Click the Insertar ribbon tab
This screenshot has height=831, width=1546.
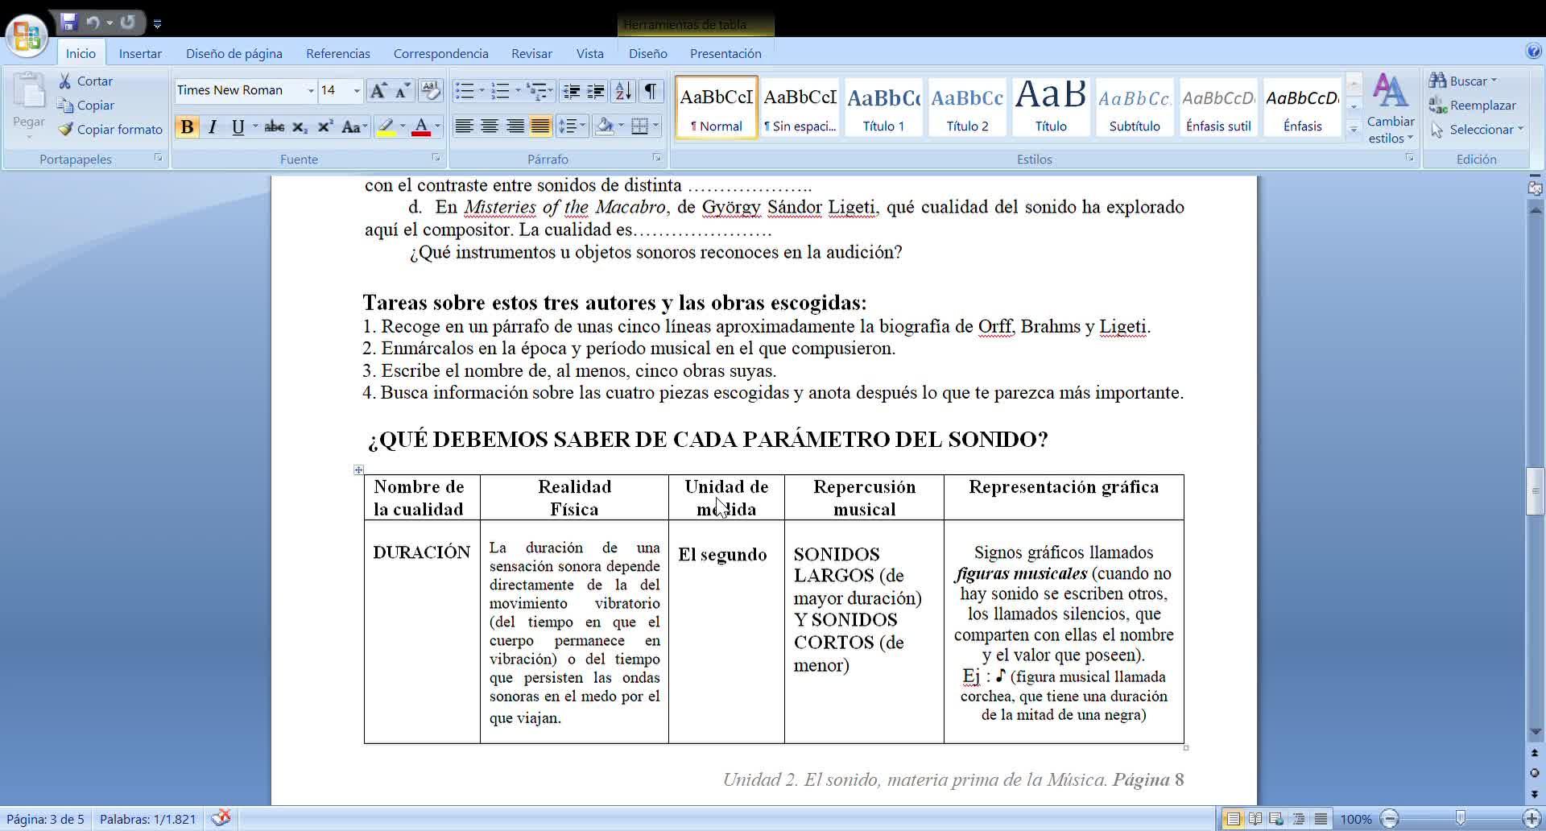140,53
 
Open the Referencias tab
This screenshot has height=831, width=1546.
337,53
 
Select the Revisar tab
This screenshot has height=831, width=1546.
531,53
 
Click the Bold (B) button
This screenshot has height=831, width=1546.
187,127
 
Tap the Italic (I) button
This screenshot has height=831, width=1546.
213,127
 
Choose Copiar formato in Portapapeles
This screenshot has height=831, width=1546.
110,130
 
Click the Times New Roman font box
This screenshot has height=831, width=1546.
239,90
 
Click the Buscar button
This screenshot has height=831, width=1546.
1462,81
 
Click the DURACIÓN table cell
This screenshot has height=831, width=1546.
421,552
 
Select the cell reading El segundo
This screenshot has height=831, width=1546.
722,555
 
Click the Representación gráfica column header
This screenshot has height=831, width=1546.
1063,487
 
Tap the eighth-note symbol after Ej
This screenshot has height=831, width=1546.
1001,676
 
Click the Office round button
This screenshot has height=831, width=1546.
27,35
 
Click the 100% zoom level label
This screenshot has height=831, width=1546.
1355,819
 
